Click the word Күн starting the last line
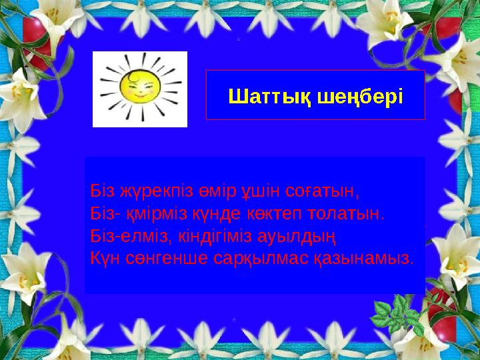[x=104, y=256]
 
